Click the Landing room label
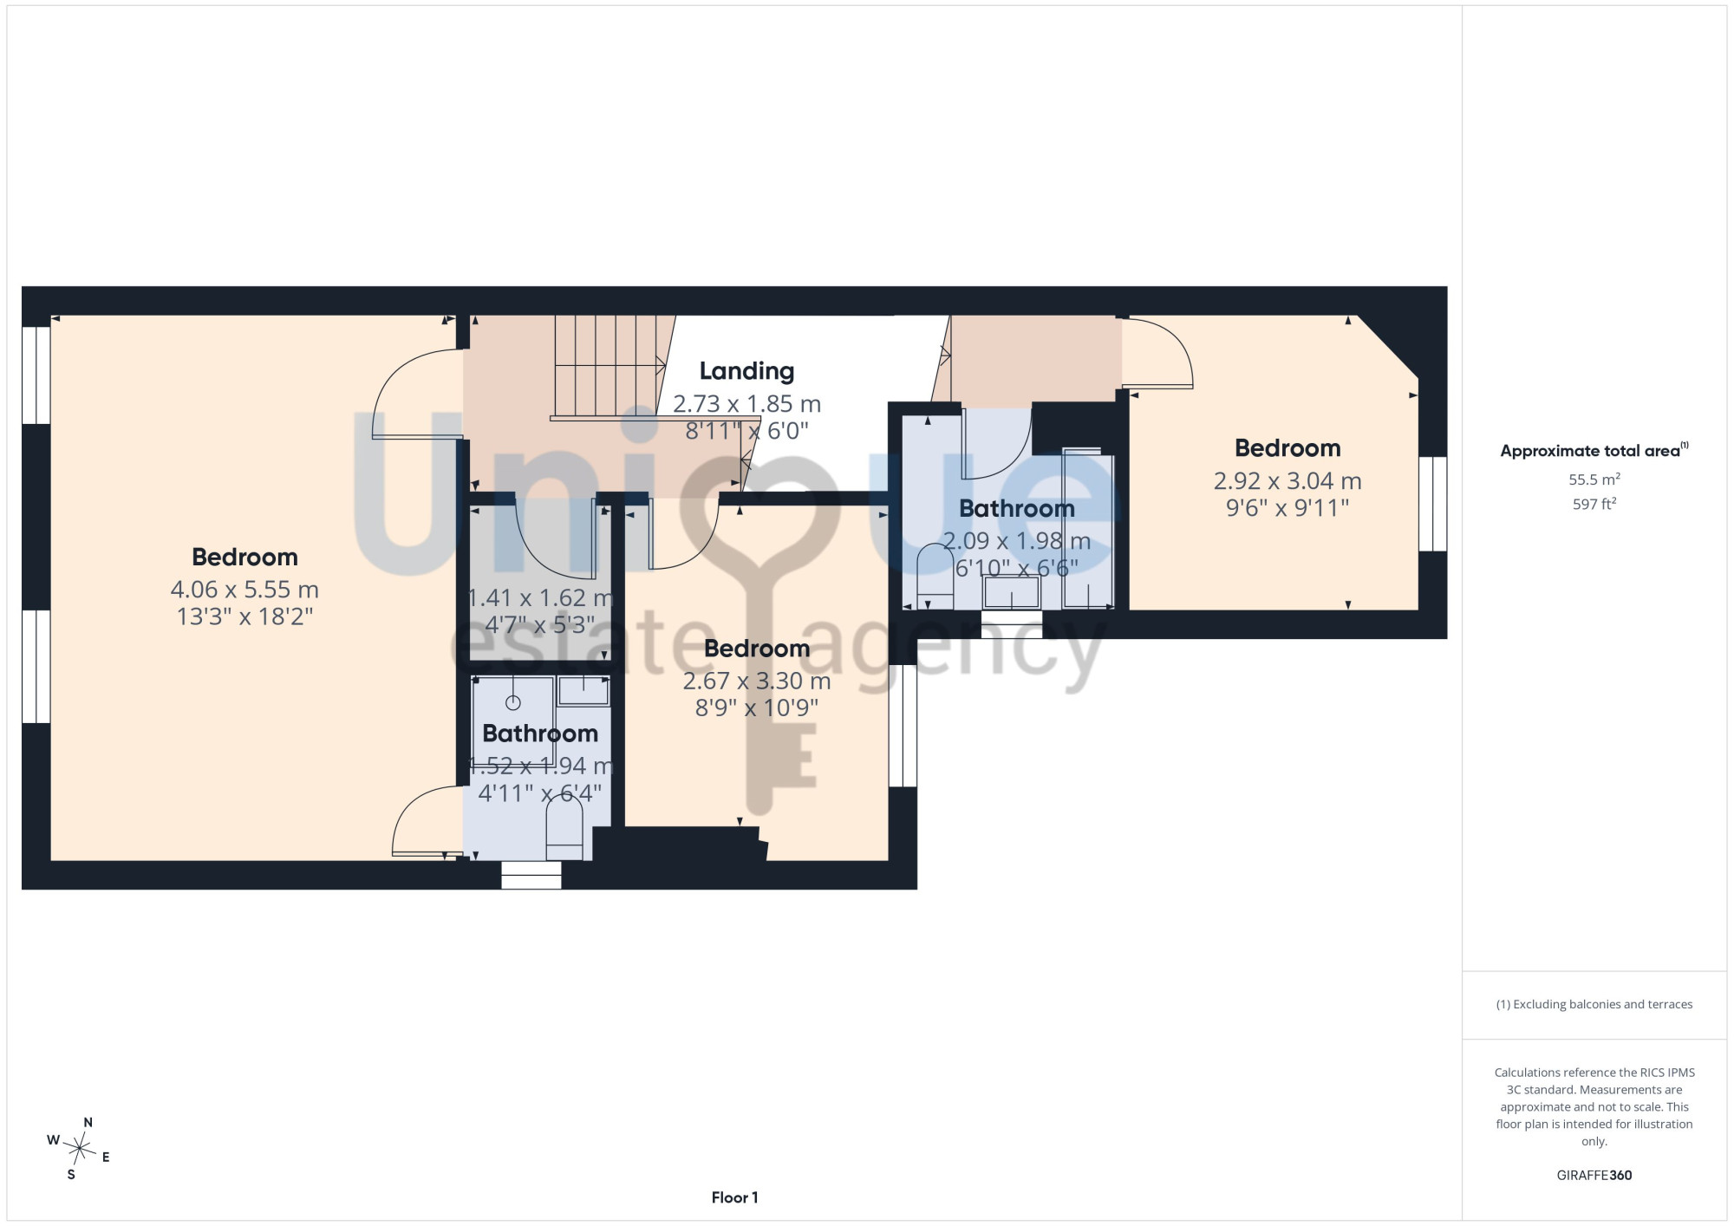point(746,371)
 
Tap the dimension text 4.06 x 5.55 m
point(244,590)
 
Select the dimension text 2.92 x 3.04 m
point(1287,481)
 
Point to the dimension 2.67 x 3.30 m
point(757,681)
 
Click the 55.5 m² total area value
point(1594,479)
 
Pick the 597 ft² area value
point(1594,504)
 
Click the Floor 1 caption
point(734,1197)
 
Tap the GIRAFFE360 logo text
point(1594,1176)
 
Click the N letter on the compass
point(88,1122)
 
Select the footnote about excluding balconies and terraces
point(1594,1004)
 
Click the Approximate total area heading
point(1594,451)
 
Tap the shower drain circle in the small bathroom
point(512,702)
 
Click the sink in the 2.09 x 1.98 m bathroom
point(1011,593)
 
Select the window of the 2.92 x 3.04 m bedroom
point(1432,504)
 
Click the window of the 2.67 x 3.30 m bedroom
point(903,726)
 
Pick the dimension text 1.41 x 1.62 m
point(540,598)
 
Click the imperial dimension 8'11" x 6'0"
point(746,431)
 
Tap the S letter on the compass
point(71,1175)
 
